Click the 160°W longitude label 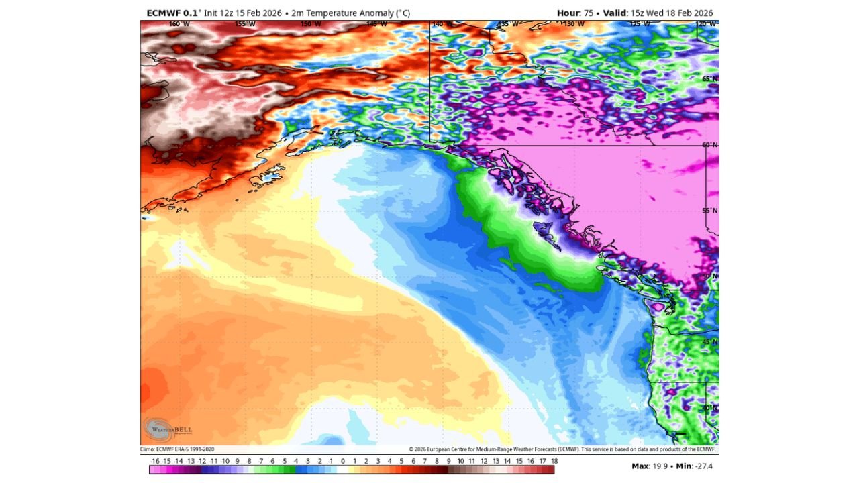[x=179, y=24]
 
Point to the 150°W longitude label [x=310, y=24]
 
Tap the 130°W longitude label [x=574, y=24]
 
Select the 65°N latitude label [x=710, y=79]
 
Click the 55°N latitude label [x=710, y=211]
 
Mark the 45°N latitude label [x=710, y=342]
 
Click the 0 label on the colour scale [x=342, y=461]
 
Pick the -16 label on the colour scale [x=155, y=461]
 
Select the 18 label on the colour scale [x=554, y=461]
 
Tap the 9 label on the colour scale [x=448, y=461]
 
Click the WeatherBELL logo [x=160, y=428]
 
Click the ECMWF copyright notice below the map [x=562, y=449]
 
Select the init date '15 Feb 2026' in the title [x=258, y=13]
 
